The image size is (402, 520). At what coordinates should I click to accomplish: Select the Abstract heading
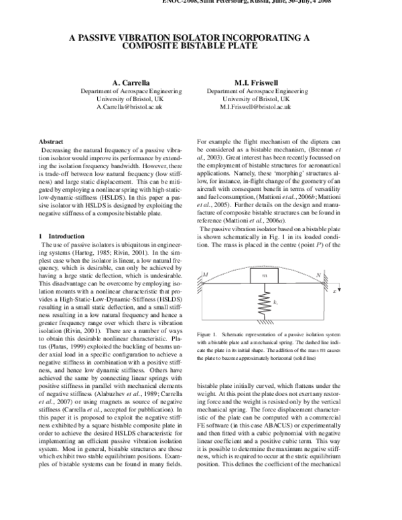point(51,142)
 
